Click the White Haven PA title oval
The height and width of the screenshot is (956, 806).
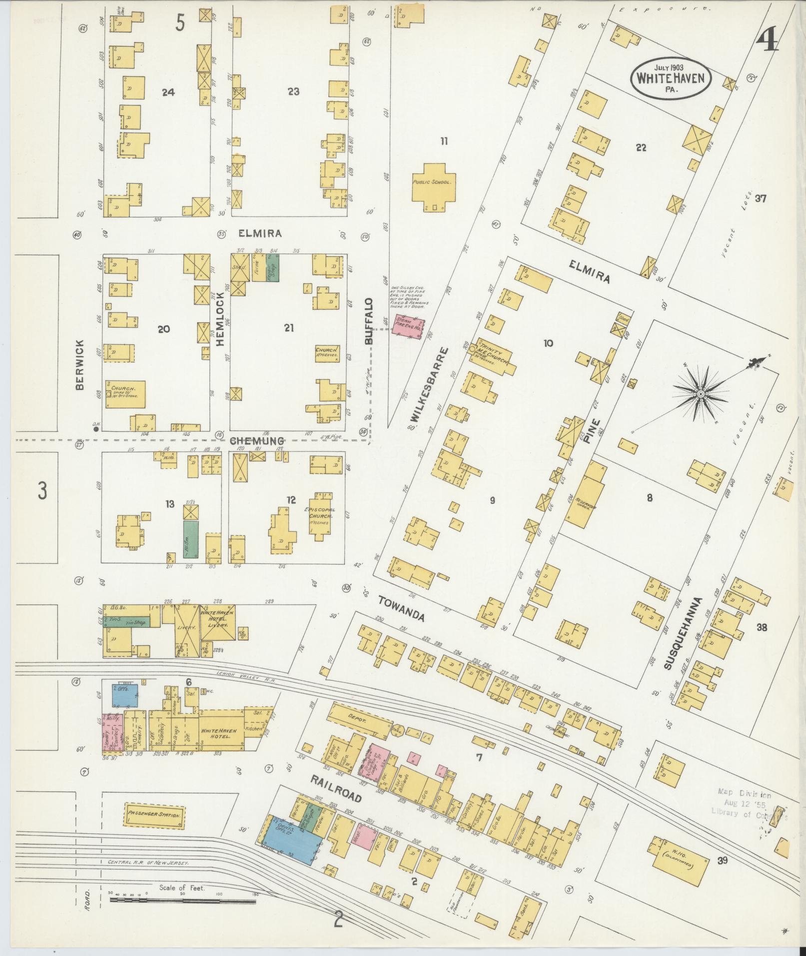point(671,78)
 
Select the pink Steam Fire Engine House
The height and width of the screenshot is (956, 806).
point(407,328)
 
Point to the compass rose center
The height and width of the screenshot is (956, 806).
point(701,395)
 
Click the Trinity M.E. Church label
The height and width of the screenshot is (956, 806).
point(494,356)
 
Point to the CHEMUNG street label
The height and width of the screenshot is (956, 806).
point(257,441)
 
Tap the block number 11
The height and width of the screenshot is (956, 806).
point(443,142)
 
